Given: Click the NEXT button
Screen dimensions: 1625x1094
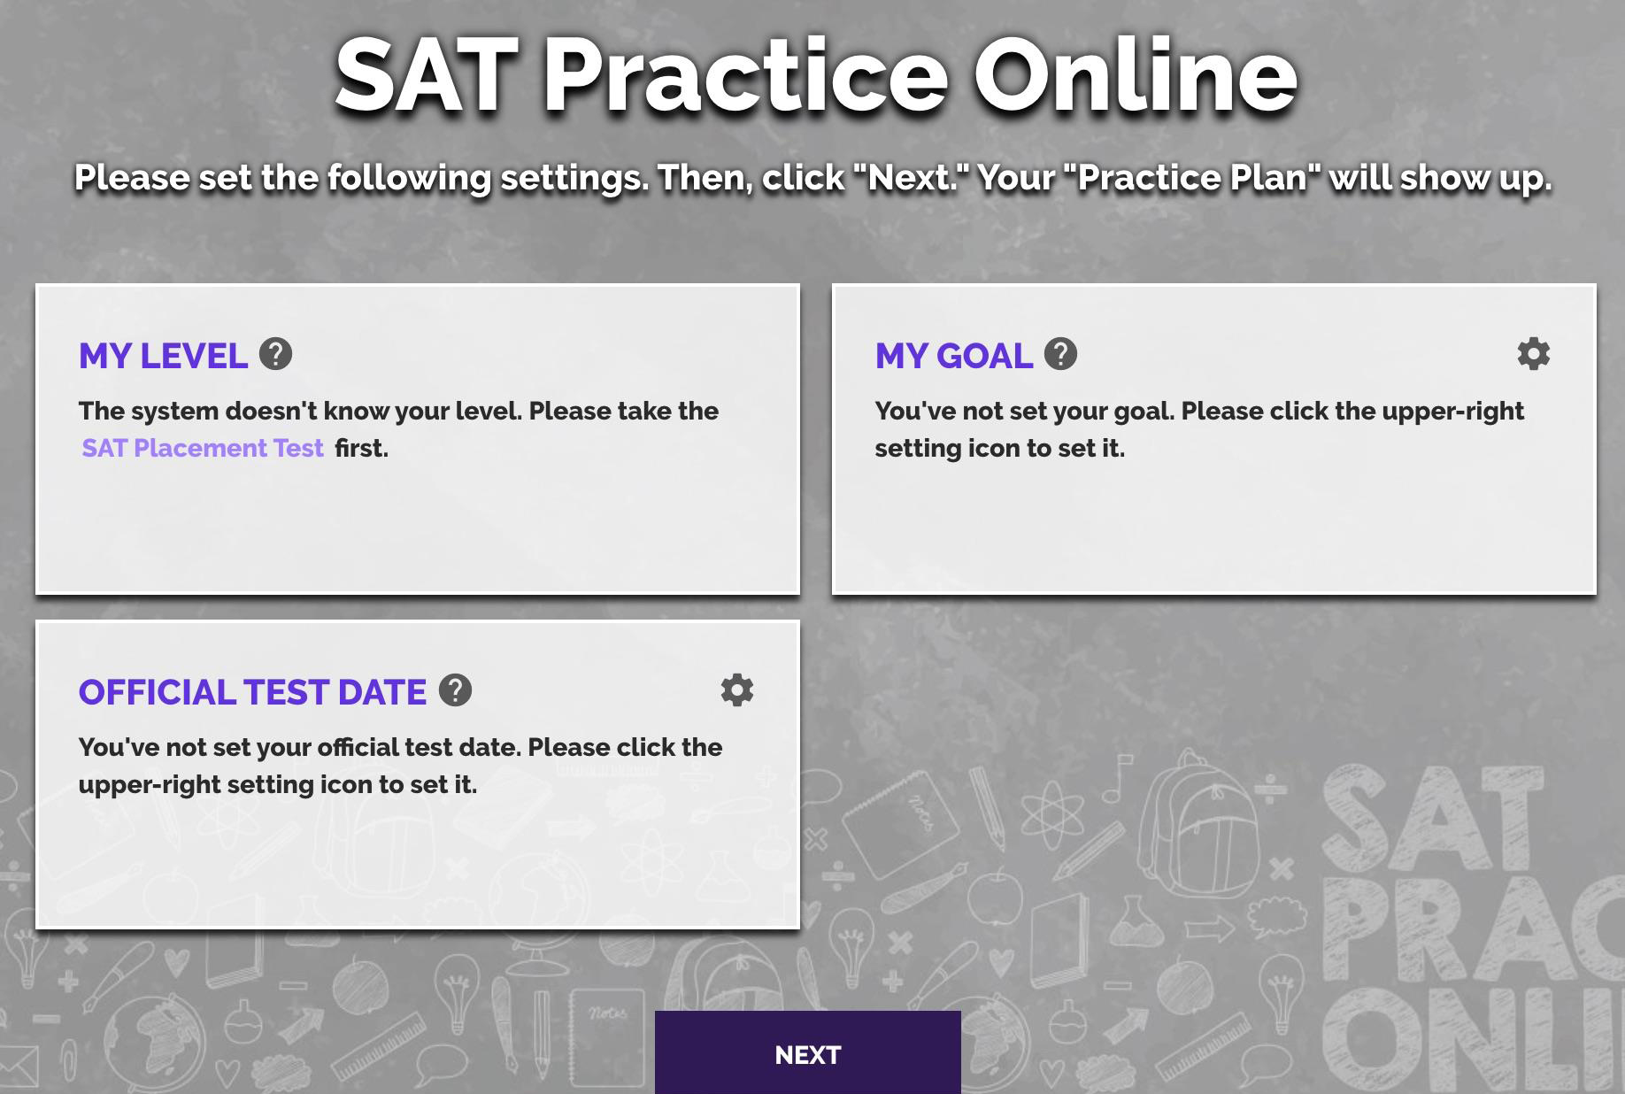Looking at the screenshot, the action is coord(807,1053).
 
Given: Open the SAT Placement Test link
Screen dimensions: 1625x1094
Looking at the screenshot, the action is coord(203,448).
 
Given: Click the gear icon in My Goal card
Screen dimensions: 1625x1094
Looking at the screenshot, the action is coord(1533,354).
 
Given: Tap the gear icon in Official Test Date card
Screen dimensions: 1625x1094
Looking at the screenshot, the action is coord(736,690).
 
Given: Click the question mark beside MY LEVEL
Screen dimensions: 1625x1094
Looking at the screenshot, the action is coord(276,354).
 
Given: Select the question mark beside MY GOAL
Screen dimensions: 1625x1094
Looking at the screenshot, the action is coord(1060,354).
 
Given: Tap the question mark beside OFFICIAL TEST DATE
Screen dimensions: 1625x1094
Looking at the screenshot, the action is coord(455,690).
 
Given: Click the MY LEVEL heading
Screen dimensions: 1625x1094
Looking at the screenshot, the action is coord(163,356).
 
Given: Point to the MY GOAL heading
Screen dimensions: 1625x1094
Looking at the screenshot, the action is coord(953,356).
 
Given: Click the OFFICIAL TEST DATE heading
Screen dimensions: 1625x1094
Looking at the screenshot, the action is coord(252,692).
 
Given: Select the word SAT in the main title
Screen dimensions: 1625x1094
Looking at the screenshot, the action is coord(426,76).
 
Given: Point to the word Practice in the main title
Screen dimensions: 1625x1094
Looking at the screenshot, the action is coord(745,76).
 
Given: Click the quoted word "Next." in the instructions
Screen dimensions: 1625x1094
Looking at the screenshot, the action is coord(911,177).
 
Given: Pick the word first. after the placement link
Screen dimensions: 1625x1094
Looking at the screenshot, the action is coord(361,448).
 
